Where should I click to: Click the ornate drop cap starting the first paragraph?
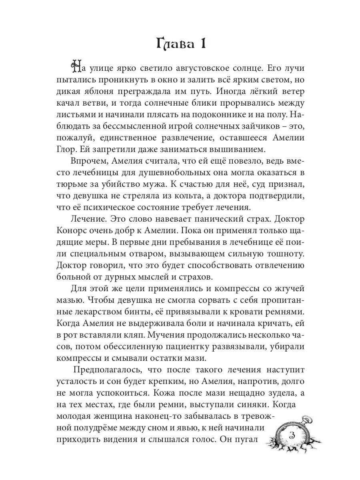(x=76, y=66)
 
